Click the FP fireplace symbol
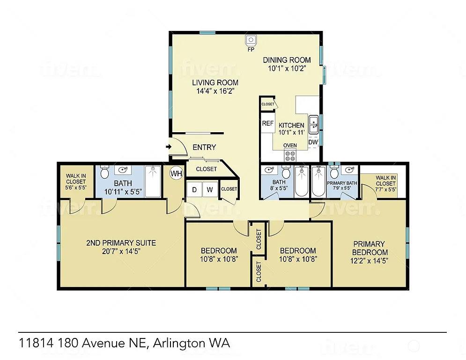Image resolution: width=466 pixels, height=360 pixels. click(x=251, y=40)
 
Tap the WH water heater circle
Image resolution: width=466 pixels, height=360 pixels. click(x=176, y=173)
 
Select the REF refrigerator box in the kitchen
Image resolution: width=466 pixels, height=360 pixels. click(x=267, y=124)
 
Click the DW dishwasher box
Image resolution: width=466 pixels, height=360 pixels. click(x=313, y=142)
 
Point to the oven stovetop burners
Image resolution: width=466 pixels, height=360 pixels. click(x=290, y=155)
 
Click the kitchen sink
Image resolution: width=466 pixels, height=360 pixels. click(x=313, y=121)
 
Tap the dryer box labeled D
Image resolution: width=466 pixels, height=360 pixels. click(x=193, y=190)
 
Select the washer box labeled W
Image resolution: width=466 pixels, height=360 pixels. click(x=210, y=190)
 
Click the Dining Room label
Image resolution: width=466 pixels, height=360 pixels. click(x=287, y=60)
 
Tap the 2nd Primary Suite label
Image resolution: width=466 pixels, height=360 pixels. click(x=121, y=243)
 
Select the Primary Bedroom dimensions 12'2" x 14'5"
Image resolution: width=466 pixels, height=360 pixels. click(x=369, y=260)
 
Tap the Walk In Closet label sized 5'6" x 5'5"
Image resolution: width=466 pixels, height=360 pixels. click(x=75, y=179)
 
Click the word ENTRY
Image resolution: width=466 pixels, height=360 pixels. click(x=204, y=147)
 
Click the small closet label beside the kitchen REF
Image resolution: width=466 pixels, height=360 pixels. click(x=268, y=104)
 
